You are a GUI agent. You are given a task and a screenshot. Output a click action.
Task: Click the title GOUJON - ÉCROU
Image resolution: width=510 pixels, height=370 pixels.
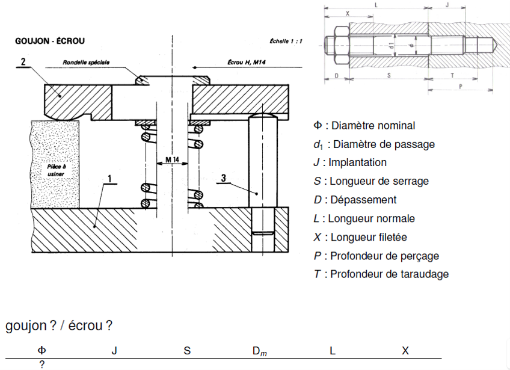pyautogui.click(x=49, y=41)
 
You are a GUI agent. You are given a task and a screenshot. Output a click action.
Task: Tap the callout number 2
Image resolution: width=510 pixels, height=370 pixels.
pyautogui.click(x=22, y=61)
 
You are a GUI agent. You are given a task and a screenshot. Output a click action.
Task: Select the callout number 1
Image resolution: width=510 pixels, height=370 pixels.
pyautogui.click(x=110, y=178)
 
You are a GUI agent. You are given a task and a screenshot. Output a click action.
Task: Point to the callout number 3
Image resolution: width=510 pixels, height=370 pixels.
pyautogui.click(x=223, y=178)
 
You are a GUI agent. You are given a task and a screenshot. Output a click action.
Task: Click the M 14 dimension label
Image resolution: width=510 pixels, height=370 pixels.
pyautogui.click(x=172, y=159)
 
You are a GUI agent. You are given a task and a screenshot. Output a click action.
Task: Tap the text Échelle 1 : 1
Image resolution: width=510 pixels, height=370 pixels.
pyautogui.click(x=286, y=42)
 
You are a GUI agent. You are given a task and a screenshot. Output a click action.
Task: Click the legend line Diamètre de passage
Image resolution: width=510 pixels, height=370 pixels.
pyautogui.click(x=373, y=144)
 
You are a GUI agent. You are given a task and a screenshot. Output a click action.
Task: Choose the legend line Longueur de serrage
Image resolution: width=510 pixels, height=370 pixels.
pyautogui.click(x=371, y=181)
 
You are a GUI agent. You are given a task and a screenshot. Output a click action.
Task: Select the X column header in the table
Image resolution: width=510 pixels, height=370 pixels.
pyautogui.click(x=405, y=351)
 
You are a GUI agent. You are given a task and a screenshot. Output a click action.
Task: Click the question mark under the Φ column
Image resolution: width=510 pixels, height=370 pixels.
pyautogui.click(x=42, y=364)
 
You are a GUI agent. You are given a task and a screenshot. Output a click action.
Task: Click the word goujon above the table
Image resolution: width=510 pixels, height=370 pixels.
pyautogui.click(x=26, y=326)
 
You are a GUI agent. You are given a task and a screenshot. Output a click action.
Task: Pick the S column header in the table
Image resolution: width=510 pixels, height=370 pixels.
pyautogui.click(x=187, y=351)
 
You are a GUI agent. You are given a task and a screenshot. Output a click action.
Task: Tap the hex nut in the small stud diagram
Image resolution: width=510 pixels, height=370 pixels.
pyautogui.click(x=340, y=45)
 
